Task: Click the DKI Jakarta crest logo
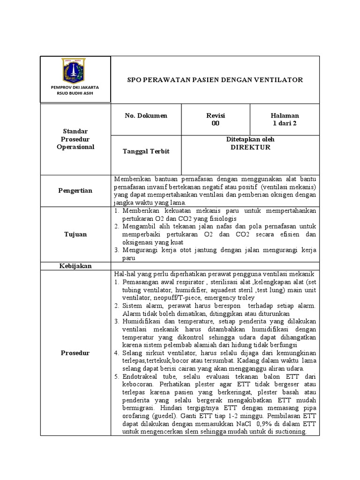point(75,71)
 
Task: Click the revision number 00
point(216,123)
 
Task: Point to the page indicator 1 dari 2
point(284,123)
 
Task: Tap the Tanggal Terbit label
point(139,151)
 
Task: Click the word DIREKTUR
point(250,147)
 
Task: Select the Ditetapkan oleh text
point(250,140)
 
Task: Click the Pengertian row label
point(75,191)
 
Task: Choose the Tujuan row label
point(75,234)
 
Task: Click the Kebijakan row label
point(75,266)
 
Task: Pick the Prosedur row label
point(75,353)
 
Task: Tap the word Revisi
point(216,116)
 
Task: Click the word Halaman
point(284,116)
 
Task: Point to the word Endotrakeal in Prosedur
point(141,376)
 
